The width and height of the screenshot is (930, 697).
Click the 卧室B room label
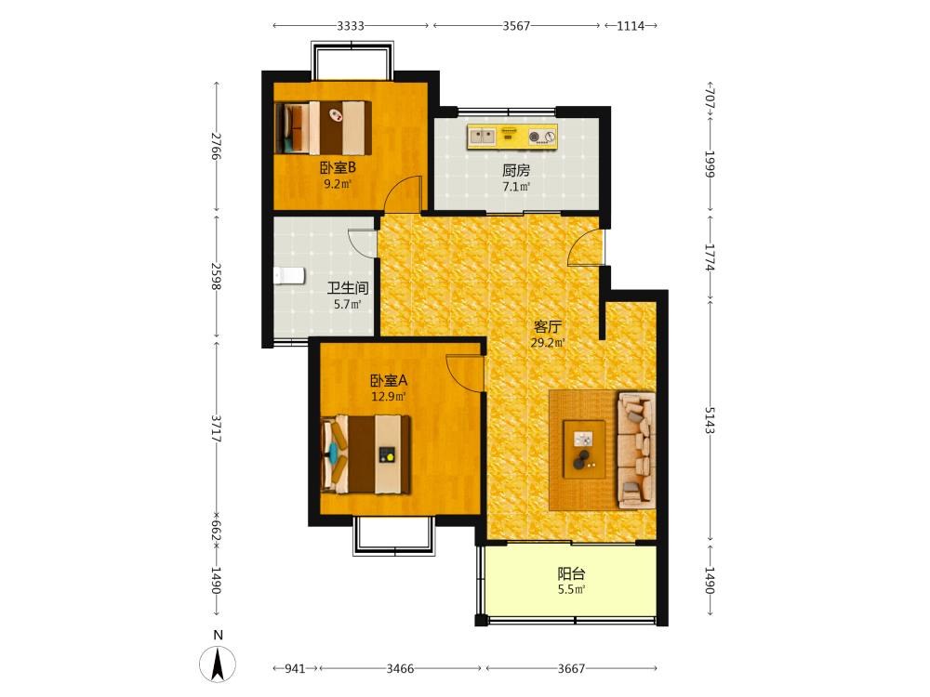coord(339,167)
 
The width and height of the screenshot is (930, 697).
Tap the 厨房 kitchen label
coord(516,171)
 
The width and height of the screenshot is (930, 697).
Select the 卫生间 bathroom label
coord(348,288)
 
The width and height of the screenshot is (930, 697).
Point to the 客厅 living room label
coord(548,326)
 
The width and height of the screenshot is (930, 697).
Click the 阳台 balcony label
coord(571,573)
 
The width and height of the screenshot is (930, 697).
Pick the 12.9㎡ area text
coord(389,397)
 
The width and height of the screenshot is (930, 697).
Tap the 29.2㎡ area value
coord(548,343)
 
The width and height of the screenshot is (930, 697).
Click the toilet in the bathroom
coord(289,276)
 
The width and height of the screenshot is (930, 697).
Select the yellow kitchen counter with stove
coord(511,137)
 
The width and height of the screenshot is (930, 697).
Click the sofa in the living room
coord(636,450)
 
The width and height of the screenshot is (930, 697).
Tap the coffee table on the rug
coord(584,449)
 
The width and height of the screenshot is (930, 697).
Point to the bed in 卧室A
coord(365,454)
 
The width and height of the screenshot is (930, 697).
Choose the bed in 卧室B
coord(324,128)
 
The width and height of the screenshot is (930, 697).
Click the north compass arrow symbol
coord(218,664)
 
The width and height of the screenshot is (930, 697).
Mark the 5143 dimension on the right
coord(710,420)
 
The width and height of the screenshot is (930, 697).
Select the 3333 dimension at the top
coord(351,26)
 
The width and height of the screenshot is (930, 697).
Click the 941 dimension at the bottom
coord(295,668)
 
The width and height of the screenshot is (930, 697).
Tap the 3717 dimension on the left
coord(217,428)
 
